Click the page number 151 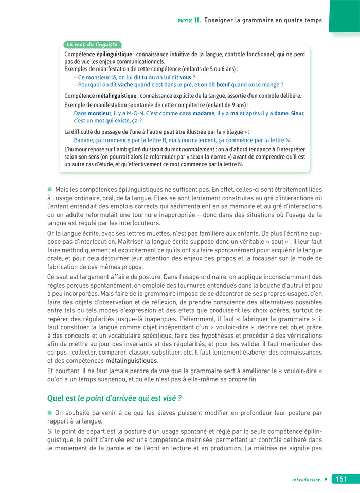pos(340,479)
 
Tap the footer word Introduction pos(306,480)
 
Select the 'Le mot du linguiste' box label pos(93,45)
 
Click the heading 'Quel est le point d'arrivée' pos(115,398)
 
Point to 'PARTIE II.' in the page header pos(189,21)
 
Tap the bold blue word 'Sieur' pos(297,113)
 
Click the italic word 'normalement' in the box pos(185,149)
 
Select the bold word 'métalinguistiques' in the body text pos(132,361)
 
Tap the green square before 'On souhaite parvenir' pos(50,412)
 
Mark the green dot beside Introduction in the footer pos(326,480)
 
